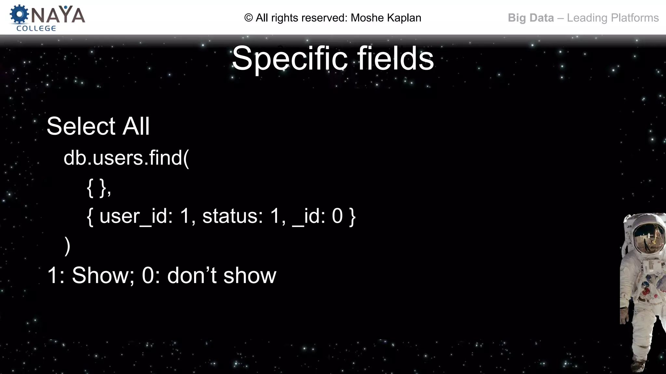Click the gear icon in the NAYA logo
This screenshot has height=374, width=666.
click(19, 14)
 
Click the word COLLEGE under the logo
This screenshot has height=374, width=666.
click(36, 29)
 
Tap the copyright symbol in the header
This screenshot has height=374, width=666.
click(248, 18)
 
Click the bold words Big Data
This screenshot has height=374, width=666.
click(531, 18)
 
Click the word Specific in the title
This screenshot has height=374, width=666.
click(289, 58)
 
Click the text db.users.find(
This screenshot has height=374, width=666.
click(126, 158)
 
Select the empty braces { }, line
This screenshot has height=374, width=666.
click(99, 188)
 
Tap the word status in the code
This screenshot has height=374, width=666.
click(232, 216)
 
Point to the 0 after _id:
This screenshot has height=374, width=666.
click(337, 216)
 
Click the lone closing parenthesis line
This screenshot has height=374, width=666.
click(67, 246)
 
